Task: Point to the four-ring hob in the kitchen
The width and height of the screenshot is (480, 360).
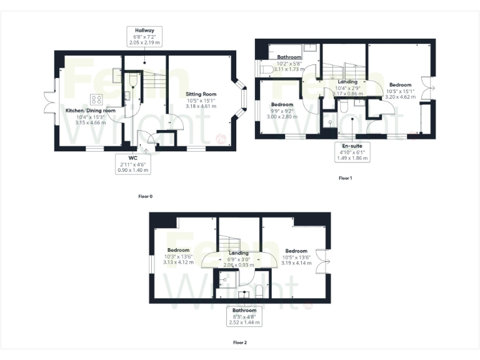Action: tap(97, 99)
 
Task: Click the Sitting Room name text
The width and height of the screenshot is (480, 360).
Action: tap(201, 94)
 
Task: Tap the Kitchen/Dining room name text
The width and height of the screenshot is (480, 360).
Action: tap(91, 111)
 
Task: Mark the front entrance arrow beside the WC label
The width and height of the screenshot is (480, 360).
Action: tap(146, 150)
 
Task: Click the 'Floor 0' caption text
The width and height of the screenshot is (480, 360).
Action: tap(145, 196)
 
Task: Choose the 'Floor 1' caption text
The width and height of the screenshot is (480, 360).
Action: tap(346, 178)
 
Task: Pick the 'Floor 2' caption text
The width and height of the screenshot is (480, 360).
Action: tap(240, 342)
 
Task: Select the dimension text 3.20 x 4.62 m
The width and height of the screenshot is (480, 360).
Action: tap(400, 97)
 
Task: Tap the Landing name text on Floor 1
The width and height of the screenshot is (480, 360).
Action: tap(347, 82)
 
